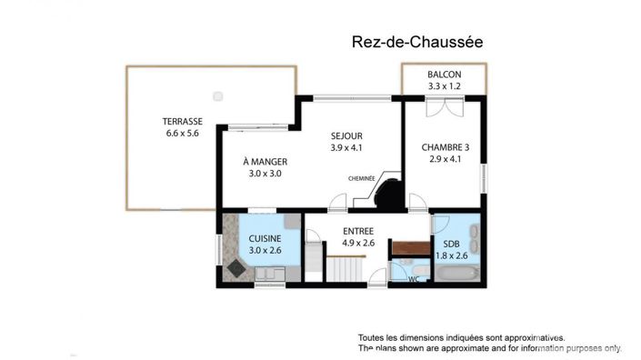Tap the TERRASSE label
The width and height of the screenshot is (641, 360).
tap(182, 122)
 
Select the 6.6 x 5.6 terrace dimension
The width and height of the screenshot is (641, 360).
tap(182, 134)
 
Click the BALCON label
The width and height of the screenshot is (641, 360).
tap(445, 75)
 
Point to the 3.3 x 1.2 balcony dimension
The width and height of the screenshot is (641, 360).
tap(445, 86)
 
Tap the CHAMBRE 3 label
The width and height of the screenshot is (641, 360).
tap(446, 147)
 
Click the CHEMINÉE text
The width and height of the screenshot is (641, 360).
tap(362, 179)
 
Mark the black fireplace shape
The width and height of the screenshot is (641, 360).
tap(391, 194)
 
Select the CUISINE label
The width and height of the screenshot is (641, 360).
tap(265, 239)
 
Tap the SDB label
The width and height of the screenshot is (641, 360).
tap(451, 245)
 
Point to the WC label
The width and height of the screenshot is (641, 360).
tap(414, 279)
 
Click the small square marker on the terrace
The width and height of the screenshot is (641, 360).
tap(217, 95)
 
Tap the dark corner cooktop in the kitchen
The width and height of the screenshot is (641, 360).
tap(238, 268)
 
